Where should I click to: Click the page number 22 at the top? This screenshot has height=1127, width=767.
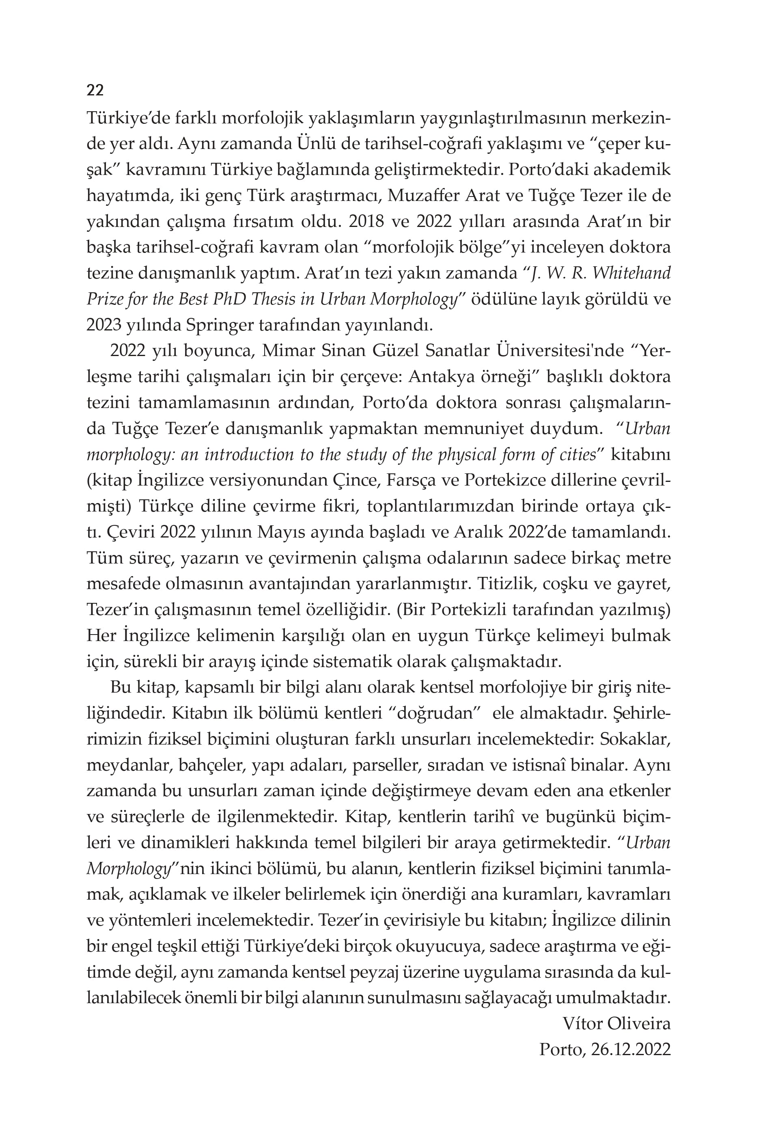click(x=95, y=90)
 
